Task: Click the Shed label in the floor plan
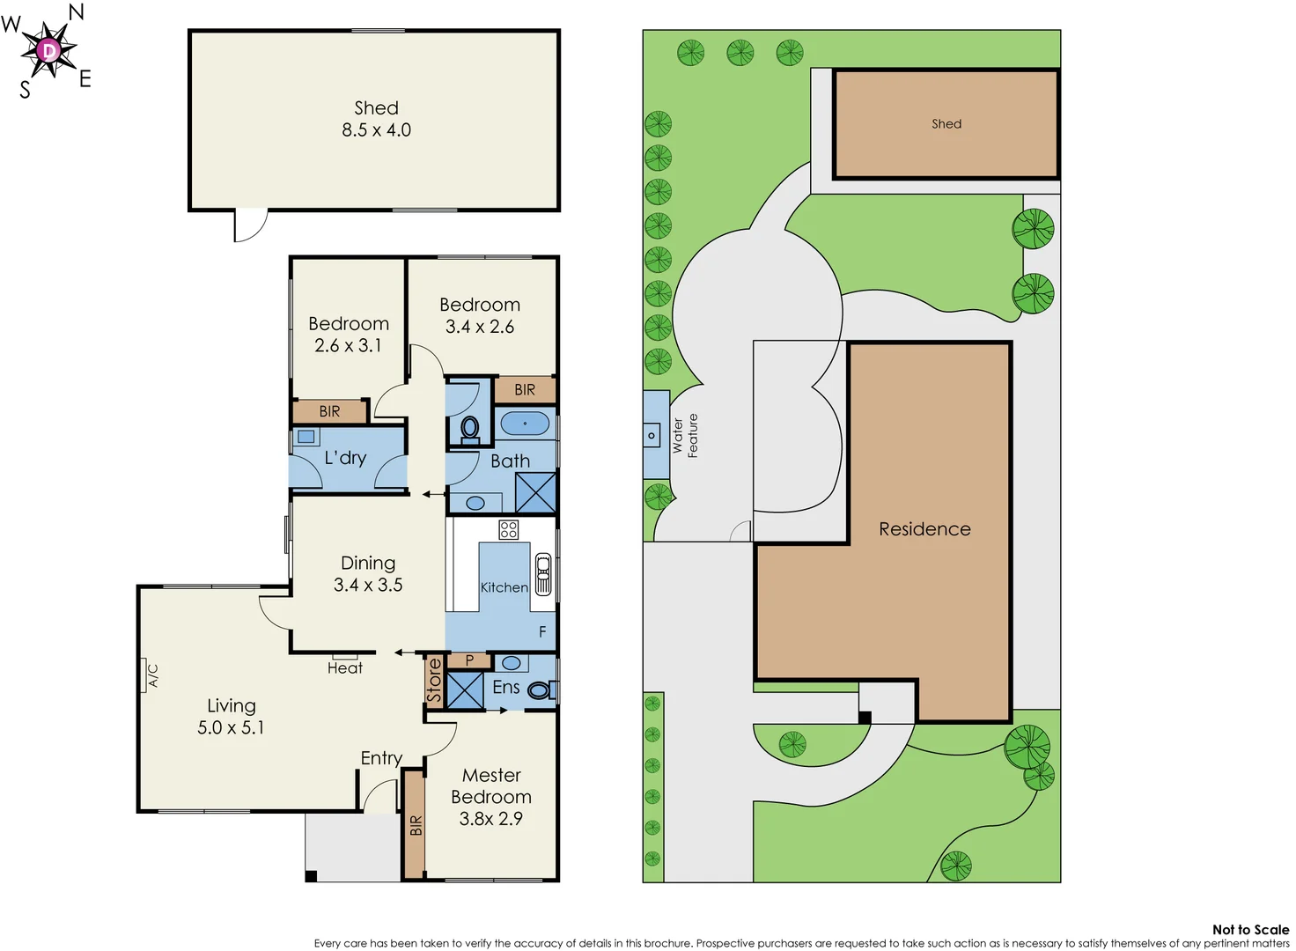coord(376,108)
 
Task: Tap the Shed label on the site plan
coord(946,124)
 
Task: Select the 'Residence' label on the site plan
coord(924,529)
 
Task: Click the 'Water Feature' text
coord(685,436)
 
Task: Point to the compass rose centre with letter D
coord(49,50)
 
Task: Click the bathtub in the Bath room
coord(525,424)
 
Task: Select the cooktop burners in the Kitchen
coord(509,529)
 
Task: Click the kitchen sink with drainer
coord(543,574)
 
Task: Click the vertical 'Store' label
coord(434,681)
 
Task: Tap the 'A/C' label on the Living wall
coord(152,675)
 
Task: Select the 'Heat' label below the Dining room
coord(344,668)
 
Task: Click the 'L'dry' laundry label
coord(345,458)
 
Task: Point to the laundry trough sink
coord(306,437)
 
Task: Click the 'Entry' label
coord(381,758)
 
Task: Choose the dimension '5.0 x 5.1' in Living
coord(231,728)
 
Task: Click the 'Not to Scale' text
coord(1250,930)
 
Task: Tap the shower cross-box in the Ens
coord(465,690)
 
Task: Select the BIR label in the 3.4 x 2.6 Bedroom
coord(525,390)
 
